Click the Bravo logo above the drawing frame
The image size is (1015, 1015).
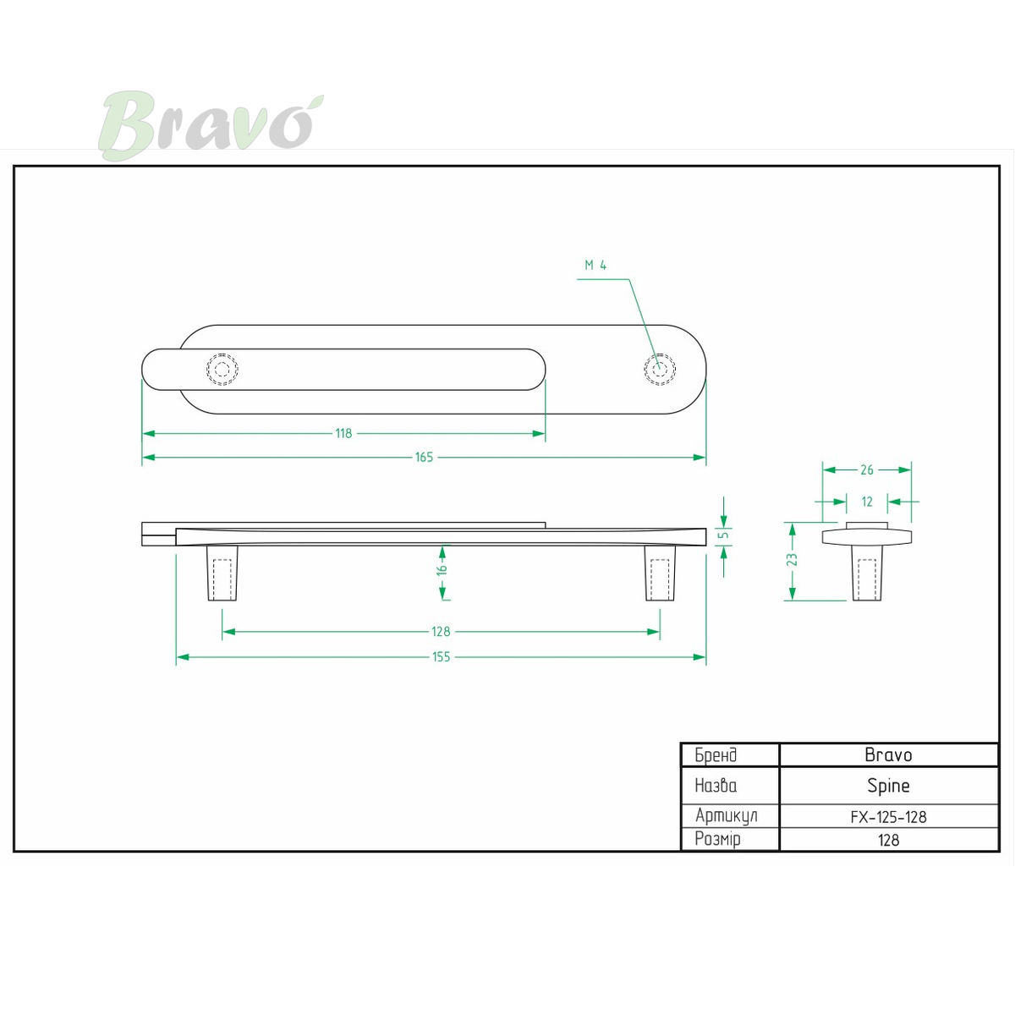click(211, 125)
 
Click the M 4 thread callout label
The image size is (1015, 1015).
click(595, 265)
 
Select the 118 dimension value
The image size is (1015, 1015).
click(343, 433)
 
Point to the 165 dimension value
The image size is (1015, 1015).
click(424, 457)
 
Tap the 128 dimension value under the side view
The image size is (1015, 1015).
click(441, 631)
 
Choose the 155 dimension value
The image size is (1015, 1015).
click(441, 656)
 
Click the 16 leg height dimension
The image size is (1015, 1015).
click(442, 568)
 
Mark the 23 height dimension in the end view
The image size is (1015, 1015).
click(792, 559)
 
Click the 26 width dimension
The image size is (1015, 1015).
click(866, 469)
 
